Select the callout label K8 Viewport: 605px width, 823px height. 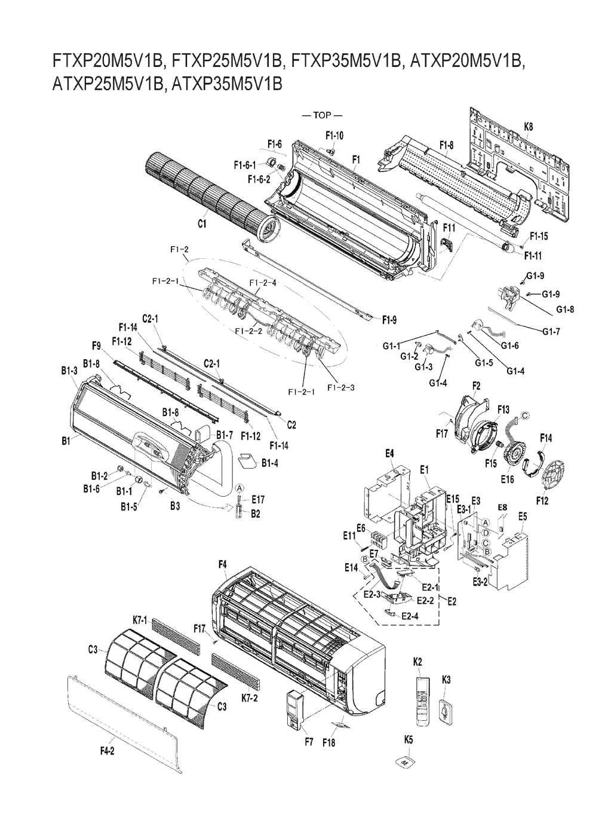pyautogui.click(x=529, y=127)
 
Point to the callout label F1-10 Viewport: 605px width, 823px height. pyautogui.click(x=334, y=136)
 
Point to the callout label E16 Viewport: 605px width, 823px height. pyautogui.click(x=507, y=479)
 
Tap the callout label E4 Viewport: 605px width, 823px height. pyautogui.click(x=389, y=454)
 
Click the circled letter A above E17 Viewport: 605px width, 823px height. pyautogui.click(x=239, y=488)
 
